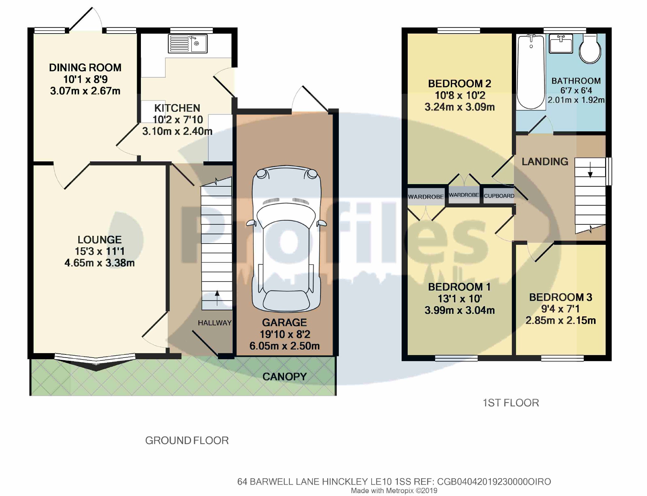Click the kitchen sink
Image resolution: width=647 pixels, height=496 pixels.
[x=188, y=43]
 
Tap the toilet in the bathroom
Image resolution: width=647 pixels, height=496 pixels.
[x=590, y=49]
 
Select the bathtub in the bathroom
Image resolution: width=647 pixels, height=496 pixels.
[x=531, y=72]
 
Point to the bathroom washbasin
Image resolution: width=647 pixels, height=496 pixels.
[x=561, y=43]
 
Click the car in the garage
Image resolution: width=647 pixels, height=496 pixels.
[x=286, y=238]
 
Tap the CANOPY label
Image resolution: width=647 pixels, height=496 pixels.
[x=284, y=377]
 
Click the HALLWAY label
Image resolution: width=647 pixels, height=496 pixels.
[x=215, y=323]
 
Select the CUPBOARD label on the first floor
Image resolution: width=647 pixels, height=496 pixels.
[x=499, y=196]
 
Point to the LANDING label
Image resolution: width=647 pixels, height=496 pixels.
[x=545, y=162]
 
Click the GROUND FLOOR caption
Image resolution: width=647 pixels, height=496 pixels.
[x=187, y=440]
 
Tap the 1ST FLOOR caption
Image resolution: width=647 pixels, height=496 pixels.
[x=511, y=403]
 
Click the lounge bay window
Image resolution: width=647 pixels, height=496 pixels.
[x=95, y=361]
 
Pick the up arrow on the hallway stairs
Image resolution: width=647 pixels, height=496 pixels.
[x=217, y=298]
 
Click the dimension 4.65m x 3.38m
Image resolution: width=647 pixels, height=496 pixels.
[x=99, y=263]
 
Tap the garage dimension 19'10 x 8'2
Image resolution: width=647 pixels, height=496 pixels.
[x=285, y=334]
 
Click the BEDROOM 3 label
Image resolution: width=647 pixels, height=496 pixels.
[x=561, y=297]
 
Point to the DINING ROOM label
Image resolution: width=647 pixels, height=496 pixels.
[x=85, y=68]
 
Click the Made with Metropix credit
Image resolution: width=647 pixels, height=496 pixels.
[x=394, y=491]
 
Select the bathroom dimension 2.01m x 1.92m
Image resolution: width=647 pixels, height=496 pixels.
[x=576, y=100]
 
